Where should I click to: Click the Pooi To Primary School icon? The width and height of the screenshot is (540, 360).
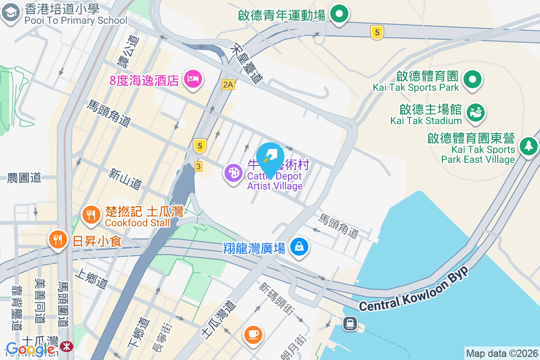click(x=10, y=13)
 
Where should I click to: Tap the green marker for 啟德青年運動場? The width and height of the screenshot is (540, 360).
click(x=339, y=14)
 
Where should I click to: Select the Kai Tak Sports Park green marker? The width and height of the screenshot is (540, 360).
click(x=472, y=80)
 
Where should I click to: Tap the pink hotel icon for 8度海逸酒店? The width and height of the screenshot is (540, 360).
click(x=193, y=80)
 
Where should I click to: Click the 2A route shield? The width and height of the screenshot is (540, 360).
click(x=228, y=84)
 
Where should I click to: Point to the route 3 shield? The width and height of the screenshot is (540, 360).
click(x=198, y=166)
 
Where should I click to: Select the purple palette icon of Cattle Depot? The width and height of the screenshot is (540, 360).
click(x=233, y=173)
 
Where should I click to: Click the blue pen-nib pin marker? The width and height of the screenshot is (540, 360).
click(x=270, y=156)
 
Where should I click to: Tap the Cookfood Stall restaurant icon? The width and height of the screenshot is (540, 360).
click(x=92, y=215)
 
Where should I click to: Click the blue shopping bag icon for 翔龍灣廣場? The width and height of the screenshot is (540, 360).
click(x=299, y=247)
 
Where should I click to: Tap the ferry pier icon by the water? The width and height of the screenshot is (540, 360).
click(x=350, y=323)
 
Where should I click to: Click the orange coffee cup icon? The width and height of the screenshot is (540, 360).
click(x=253, y=334)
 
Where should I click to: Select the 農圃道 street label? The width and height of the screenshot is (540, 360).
click(x=24, y=178)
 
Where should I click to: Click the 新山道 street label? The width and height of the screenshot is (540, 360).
click(x=125, y=178)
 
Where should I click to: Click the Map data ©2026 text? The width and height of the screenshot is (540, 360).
click(x=502, y=353)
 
